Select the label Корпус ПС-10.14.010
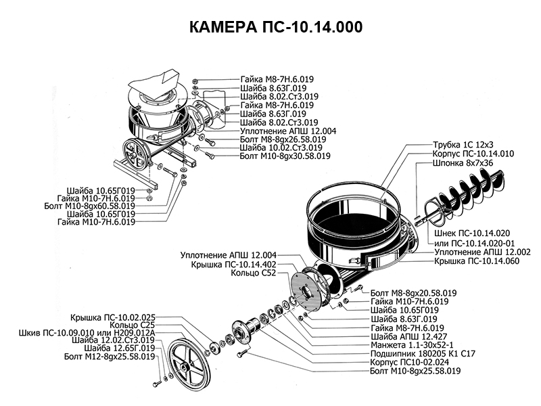click(473, 154)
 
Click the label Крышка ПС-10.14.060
click(477, 261)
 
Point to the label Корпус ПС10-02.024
click(413, 362)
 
